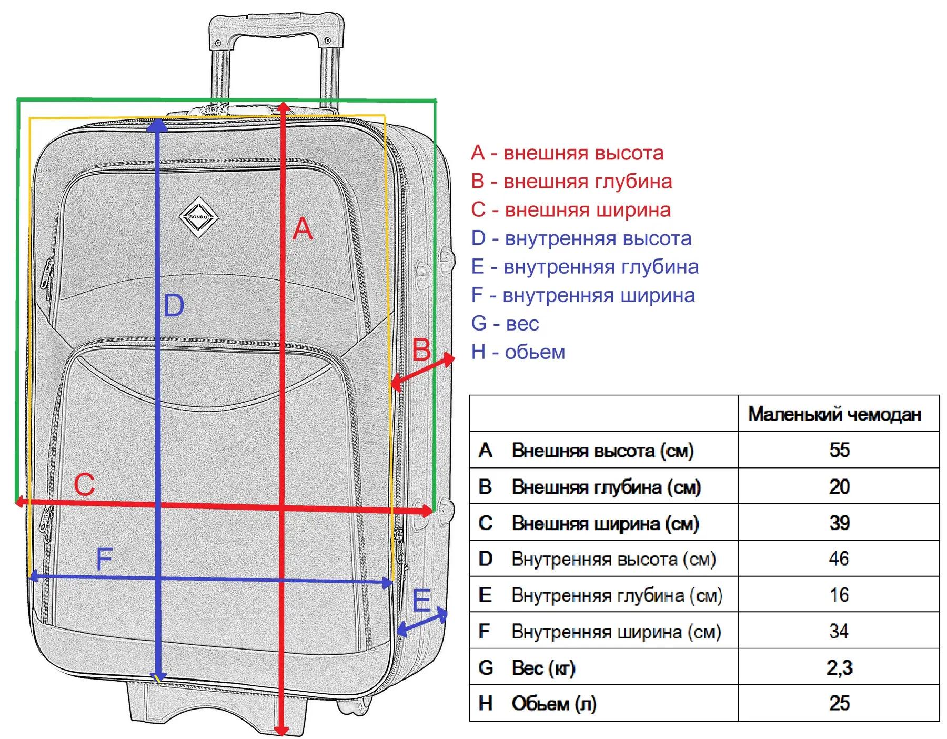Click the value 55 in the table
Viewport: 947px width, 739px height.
(839, 450)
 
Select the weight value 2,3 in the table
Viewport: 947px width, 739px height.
(839, 667)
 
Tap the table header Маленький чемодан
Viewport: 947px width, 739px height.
(834, 414)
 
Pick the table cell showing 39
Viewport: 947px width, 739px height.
(839, 523)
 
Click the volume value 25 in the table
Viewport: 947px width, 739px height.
(839, 703)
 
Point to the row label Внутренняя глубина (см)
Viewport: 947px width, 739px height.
(617, 595)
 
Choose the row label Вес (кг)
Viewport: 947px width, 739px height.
(543, 668)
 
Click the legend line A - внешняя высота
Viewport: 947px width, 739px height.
(567, 153)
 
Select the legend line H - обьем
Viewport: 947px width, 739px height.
(518, 352)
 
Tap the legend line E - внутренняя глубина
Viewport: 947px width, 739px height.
(585, 267)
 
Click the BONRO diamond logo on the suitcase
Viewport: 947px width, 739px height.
(199, 217)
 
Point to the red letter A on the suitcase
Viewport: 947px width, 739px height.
(303, 229)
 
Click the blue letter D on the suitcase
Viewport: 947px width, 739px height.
(174, 306)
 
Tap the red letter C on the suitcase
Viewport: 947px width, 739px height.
(84, 484)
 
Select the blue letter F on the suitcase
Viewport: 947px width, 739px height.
(104, 560)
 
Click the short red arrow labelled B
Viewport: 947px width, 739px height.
(422, 372)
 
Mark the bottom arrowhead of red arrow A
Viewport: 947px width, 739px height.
(282, 730)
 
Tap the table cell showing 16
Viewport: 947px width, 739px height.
(839, 595)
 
